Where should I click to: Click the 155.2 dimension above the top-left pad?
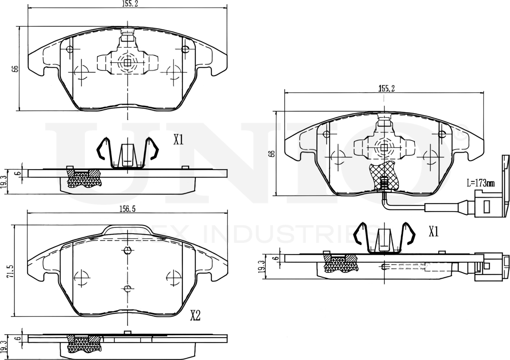pos(128,3)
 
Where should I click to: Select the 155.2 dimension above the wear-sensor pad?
pos(386,88)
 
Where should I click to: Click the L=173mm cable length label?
pos(480,183)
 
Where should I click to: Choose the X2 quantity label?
pos(195,316)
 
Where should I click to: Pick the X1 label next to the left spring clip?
pos(178,140)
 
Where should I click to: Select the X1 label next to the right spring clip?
pos(434,232)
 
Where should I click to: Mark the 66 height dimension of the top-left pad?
pos(15,69)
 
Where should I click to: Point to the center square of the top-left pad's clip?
pos(128,63)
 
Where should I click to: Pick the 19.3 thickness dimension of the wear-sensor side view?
pos(261,266)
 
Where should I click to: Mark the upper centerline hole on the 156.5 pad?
pos(128,250)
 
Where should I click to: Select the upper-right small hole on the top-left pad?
pos(185,49)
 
